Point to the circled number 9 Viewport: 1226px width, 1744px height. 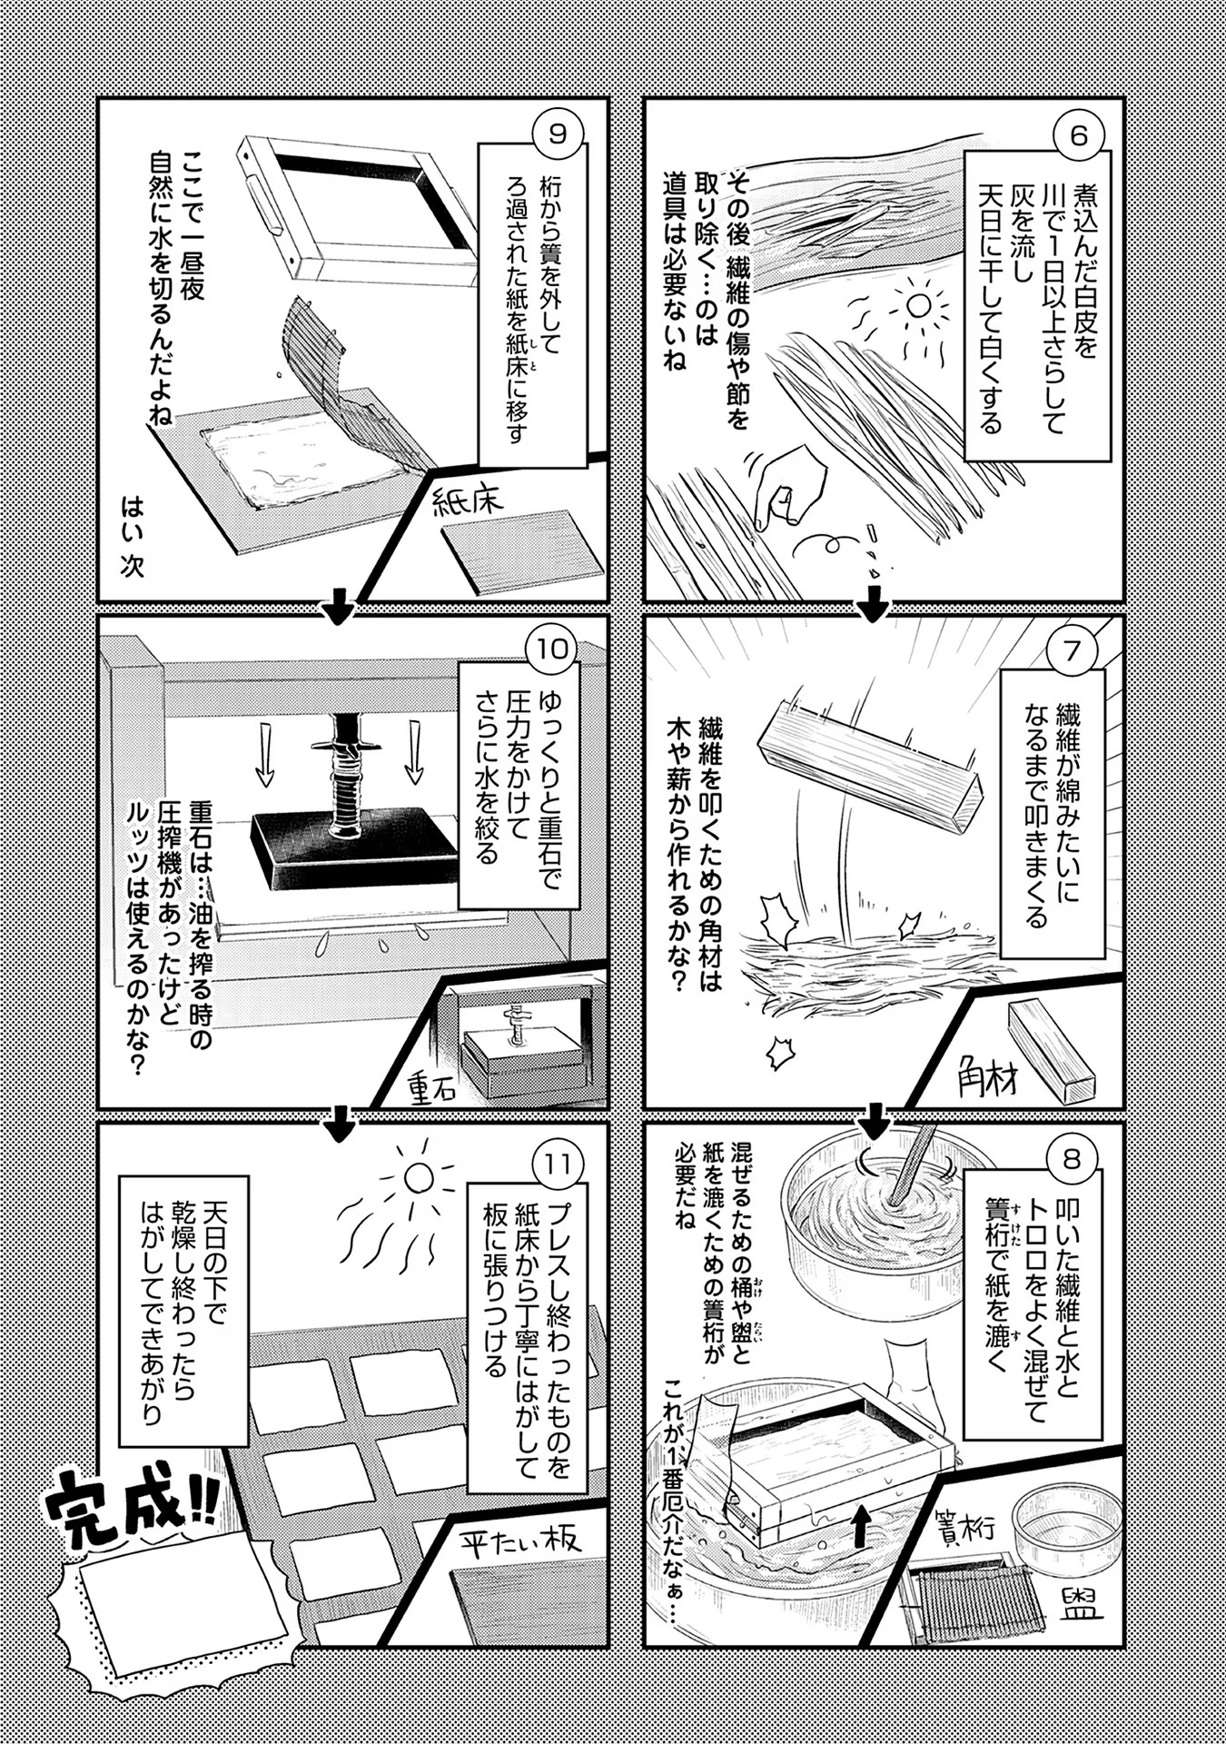558,135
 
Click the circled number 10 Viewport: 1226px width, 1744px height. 552,649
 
